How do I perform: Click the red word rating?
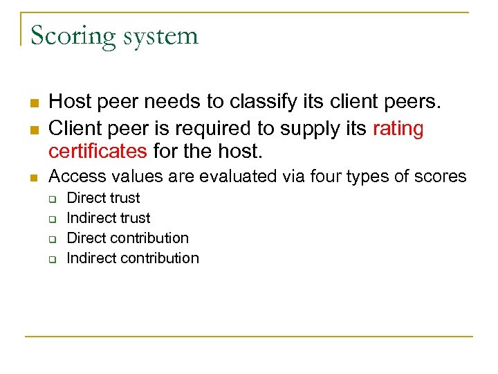point(398,129)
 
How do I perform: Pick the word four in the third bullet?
point(302,177)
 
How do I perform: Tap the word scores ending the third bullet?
point(441,177)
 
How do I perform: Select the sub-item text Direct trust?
point(103,198)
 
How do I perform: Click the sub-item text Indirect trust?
point(108,218)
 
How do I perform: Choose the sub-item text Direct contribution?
point(127,238)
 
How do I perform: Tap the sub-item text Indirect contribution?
point(132,258)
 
